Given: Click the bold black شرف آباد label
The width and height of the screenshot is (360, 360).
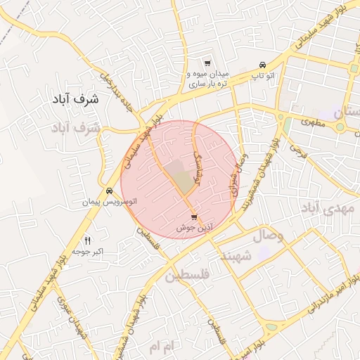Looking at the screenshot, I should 75,100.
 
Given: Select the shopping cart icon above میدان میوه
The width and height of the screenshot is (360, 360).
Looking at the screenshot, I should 207,63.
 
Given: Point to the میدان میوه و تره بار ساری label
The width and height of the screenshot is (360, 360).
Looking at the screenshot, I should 206,79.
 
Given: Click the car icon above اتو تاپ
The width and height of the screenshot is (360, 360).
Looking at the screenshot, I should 262,63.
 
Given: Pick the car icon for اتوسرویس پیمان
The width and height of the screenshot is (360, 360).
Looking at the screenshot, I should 110,191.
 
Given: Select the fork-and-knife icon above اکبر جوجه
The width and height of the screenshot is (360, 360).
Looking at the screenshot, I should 88,240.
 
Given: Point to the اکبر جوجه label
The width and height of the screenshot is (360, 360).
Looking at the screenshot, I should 88,251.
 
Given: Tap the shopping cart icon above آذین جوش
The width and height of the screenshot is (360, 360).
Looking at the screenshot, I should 195,217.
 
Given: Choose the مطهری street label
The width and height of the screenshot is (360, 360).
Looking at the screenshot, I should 314,122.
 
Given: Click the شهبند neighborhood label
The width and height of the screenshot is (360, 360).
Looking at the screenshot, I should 236,256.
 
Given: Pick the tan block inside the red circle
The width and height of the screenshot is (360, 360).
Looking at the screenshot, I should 185,181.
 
